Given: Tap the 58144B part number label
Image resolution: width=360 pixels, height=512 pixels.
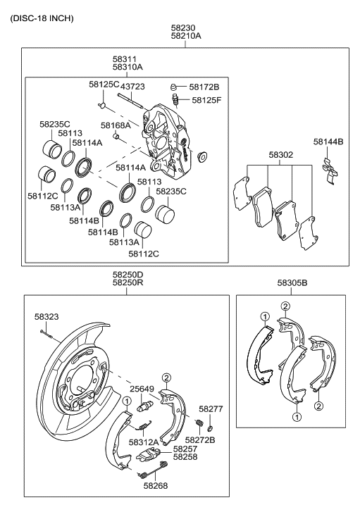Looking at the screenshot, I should pyautogui.click(x=328, y=142).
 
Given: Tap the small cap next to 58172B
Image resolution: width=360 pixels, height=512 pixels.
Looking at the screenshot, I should pyautogui.click(x=173, y=87).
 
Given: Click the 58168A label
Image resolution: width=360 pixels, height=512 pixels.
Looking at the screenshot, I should pyautogui.click(x=115, y=125).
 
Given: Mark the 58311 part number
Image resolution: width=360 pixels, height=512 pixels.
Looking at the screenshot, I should pyautogui.click(x=128, y=58).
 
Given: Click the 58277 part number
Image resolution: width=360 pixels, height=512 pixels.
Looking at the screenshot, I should pyautogui.click(x=211, y=408).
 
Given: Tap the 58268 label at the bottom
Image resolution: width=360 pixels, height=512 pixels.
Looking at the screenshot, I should pyautogui.click(x=158, y=485).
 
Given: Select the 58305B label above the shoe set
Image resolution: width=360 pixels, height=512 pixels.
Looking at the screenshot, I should pyautogui.click(x=291, y=282).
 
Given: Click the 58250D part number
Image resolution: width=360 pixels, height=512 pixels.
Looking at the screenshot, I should pyautogui.click(x=128, y=275).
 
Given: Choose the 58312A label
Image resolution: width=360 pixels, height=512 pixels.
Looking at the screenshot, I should pyautogui.click(x=144, y=442).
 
